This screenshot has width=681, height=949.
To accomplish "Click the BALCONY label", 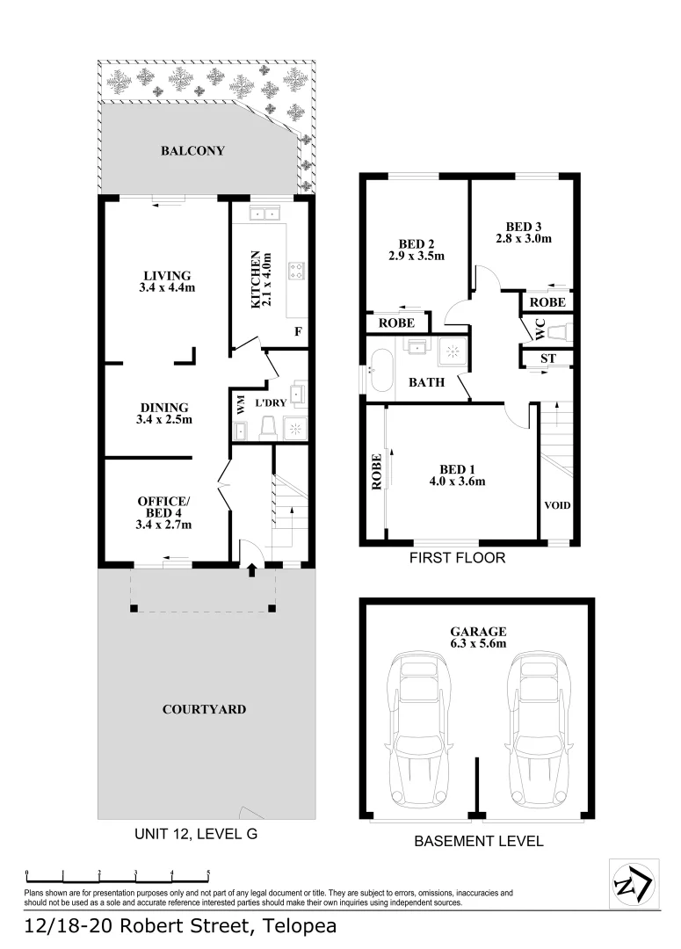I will coord(192,151).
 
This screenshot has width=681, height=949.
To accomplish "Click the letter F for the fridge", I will coord(299,332).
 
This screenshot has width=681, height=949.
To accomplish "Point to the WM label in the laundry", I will coord(240,405).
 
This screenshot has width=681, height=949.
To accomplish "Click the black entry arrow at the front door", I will coord(251,570).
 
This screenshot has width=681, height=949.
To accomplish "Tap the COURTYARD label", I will coord(204,709).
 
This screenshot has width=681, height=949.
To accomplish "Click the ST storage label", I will coord(548,359).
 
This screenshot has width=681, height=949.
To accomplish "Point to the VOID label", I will coord(557,506).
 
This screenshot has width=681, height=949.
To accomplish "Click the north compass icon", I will coord(632,882).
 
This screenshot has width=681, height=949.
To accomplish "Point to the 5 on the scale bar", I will coord(208,873).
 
